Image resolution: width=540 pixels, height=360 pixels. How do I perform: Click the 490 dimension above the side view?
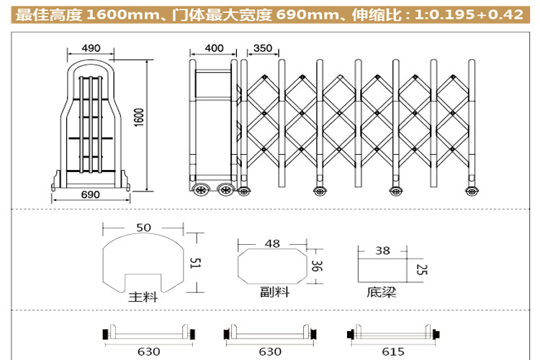coord(91,48)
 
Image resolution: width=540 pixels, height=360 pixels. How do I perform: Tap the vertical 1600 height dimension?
coord(138,118)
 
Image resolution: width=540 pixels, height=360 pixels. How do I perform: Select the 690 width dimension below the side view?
coord(90,194)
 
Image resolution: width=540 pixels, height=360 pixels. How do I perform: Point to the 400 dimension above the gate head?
coord(214,48)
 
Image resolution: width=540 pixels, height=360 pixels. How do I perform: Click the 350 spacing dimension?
coord(263,48)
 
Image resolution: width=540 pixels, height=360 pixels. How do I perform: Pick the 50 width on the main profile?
coord(143,228)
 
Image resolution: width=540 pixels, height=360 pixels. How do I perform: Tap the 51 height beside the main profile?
coord(195,264)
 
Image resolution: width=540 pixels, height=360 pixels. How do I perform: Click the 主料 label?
coord(143,297)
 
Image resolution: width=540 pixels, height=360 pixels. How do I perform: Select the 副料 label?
coord(275,292)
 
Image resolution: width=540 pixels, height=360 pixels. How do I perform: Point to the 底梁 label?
coord(381,292)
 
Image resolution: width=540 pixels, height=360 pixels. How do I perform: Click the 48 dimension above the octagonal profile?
coord(272,244)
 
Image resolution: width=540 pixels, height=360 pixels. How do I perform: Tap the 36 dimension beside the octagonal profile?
coord(316,266)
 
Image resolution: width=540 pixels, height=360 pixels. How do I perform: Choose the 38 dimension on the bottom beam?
coord(382,251)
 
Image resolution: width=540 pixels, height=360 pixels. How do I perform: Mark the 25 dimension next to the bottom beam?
coord(421,270)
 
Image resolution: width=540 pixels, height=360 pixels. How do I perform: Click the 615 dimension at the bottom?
coord(393,351)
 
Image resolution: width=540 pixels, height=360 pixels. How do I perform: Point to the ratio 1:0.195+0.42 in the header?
coord(469,14)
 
